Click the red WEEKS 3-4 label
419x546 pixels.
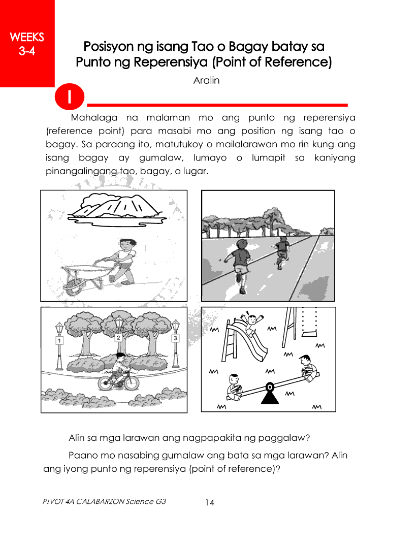pyautogui.click(x=27, y=43)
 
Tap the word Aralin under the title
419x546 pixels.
pyautogui.click(x=207, y=81)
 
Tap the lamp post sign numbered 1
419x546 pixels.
pyautogui.click(x=59, y=341)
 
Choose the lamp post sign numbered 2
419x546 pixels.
pyautogui.click(x=119, y=337)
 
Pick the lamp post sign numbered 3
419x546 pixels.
pyautogui.click(x=176, y=338)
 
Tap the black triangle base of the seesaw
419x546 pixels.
pyautogui.click(x=270, y=394)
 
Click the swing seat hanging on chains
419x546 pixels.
pyautogui.click(x=306, y=334)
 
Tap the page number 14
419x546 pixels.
pyautogui.click(x=210, y=503)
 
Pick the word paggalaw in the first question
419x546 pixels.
pyautogui.click(x=284, y=438)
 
